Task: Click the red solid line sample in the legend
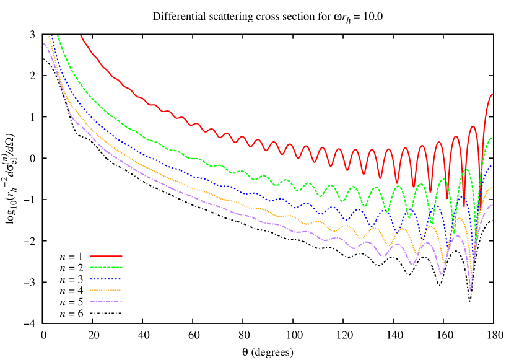coord(106,256)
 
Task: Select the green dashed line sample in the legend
coord(106,268)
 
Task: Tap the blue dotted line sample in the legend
coord(106,279)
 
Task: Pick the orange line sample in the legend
coord(106,290)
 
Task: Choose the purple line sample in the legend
coord(106,302)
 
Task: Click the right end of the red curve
coord(492,94)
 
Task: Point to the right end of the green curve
coord(492,137)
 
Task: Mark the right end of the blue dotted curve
coord(492,165)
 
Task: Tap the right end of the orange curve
coord(492,187)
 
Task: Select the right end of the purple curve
coord(492,204)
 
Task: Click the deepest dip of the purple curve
coord(471,291)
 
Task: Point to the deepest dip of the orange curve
coord(471,277)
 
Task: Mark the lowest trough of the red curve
coord(464,207)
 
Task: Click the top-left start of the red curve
coord(81,36)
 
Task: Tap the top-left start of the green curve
coord(58,35)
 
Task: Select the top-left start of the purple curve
coord(43,43)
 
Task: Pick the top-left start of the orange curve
coord(49,36)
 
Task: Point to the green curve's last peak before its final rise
coord(466,169)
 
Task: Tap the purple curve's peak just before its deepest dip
coord(459,235)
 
